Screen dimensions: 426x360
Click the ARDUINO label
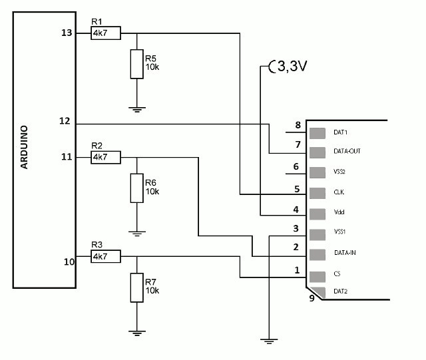click(24, 147)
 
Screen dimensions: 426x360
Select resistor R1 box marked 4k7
click(106, 33)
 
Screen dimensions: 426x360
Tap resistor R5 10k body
click(137, 64)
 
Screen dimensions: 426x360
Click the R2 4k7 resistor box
click(106, 157)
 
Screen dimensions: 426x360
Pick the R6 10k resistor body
click(137, 188)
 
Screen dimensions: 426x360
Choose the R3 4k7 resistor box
click(106, 256)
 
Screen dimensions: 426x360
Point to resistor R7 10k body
click(137, 287)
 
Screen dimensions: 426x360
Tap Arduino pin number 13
click(67, 33)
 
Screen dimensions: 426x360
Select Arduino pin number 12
click(65, 121)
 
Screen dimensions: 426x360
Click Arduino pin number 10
click(69, 262)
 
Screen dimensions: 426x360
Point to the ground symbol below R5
click(137, 110)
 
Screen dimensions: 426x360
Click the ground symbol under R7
click(137, 333)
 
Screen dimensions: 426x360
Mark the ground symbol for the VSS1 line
click(269, 341)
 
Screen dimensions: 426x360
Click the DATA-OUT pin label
click(347, 151)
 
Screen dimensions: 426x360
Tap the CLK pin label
click(339, 192)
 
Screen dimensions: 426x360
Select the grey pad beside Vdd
click(318, 214)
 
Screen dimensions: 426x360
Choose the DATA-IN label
click(345, 253)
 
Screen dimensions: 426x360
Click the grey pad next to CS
click(318, 277)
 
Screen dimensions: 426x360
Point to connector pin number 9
click(312, 298)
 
